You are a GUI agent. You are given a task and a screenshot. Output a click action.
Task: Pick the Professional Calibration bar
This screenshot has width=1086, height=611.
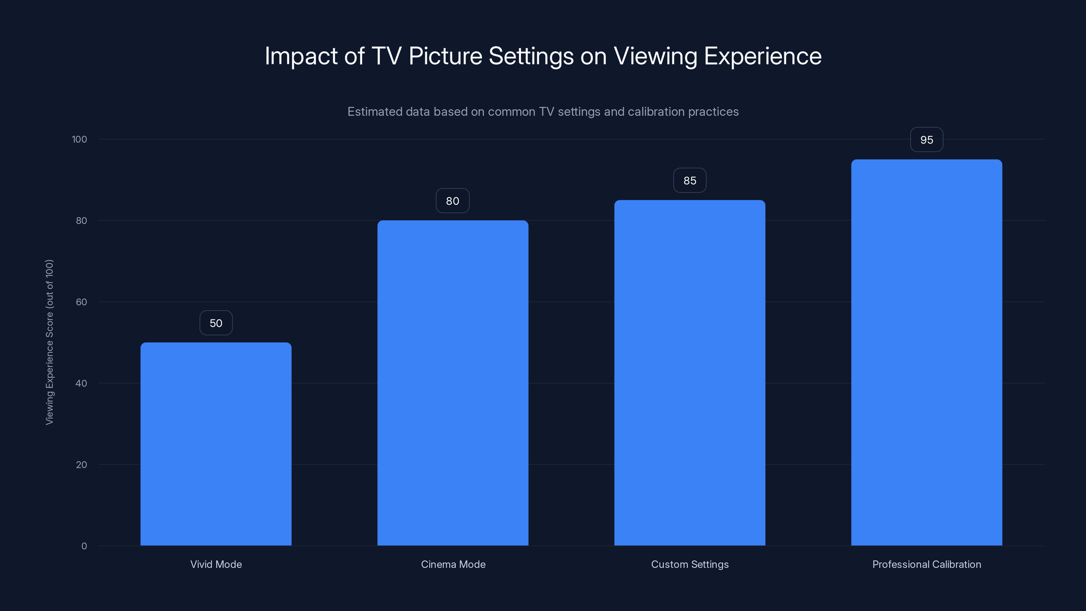coord(926,352)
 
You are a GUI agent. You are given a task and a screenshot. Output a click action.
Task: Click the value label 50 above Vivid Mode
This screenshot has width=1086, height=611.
coord(216,323)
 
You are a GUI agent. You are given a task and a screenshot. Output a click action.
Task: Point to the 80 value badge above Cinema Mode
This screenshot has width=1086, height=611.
coord(452,201)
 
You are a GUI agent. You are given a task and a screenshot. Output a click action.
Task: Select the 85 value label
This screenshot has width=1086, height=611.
coord(690,181)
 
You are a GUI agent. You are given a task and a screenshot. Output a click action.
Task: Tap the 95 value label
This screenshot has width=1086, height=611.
coord(926,140)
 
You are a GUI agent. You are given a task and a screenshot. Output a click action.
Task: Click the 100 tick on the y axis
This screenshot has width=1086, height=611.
coord(79,139)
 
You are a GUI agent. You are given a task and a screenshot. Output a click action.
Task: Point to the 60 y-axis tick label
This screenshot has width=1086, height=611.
coord(81,302)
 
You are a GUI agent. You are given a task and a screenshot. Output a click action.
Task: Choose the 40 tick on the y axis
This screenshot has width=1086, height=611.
coord(81,383)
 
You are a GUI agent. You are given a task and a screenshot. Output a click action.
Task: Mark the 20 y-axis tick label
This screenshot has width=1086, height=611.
coord(81,465)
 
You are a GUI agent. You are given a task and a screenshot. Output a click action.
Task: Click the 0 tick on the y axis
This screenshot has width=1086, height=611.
coord(84,546)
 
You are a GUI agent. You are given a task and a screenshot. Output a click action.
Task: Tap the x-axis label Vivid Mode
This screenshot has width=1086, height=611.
coord(216,564)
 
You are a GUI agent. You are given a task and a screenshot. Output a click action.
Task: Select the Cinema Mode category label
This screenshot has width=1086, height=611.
coord(453,564)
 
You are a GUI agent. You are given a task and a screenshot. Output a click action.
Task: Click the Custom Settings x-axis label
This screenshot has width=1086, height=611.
coord(690,564)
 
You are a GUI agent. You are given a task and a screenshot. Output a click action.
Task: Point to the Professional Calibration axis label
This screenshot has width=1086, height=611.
coord(926,564)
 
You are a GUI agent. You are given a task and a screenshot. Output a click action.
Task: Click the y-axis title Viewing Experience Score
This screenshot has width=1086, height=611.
coord(49,342)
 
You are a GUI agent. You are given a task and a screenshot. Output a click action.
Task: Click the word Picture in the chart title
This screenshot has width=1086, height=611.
coord(445,56)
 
